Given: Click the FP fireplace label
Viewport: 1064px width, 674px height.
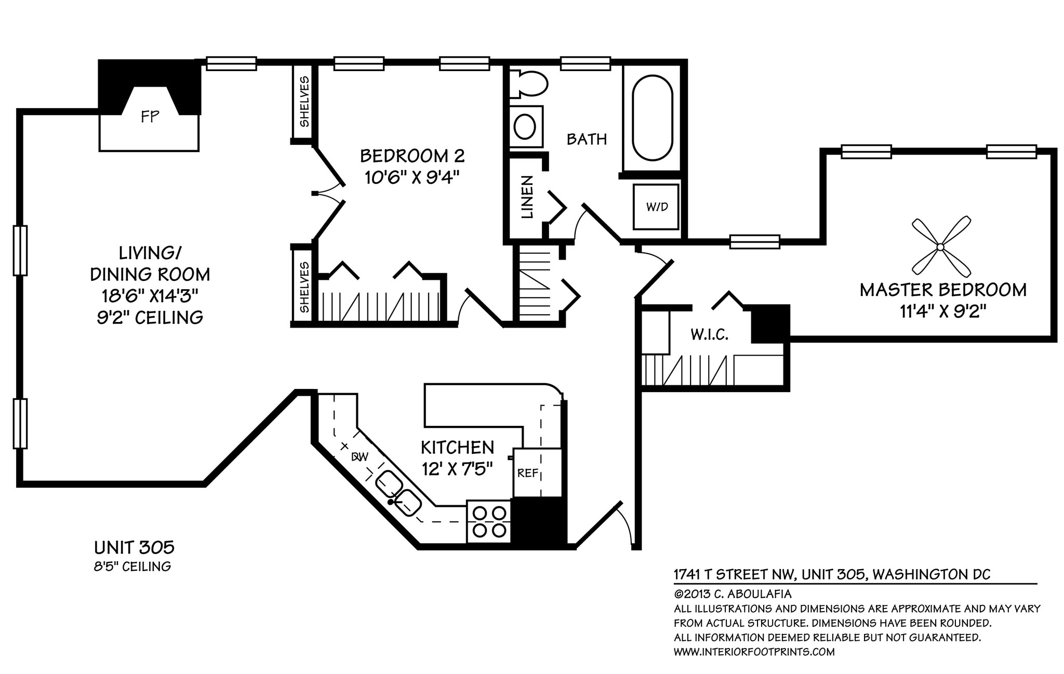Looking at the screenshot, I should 150,117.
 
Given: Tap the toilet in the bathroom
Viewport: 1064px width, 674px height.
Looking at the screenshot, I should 529,84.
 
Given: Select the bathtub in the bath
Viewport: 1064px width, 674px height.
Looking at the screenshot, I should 652,118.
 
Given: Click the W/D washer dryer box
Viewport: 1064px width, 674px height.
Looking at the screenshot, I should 656,207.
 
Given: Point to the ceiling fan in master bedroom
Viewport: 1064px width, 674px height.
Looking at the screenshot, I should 941,247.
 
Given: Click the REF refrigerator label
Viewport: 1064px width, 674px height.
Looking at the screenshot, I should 527,473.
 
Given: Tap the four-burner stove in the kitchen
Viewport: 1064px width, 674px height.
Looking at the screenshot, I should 489,521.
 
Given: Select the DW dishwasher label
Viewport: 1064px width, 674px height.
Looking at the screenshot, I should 360,457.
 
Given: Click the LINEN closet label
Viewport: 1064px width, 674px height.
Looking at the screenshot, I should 527,197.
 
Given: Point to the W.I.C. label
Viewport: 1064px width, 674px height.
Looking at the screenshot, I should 709,335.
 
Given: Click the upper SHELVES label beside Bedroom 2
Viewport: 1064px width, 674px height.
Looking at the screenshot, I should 304,102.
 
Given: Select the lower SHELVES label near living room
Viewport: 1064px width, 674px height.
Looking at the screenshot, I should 304,287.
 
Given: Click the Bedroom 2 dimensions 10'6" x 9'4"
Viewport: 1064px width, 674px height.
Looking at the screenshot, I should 413,178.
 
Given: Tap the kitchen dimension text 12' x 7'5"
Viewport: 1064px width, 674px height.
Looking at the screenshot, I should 457,469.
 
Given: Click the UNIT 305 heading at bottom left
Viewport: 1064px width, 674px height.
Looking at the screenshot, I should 134,547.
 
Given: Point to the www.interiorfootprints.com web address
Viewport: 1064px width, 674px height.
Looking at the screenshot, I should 754,652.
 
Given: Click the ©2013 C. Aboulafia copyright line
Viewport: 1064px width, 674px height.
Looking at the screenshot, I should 733,594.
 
